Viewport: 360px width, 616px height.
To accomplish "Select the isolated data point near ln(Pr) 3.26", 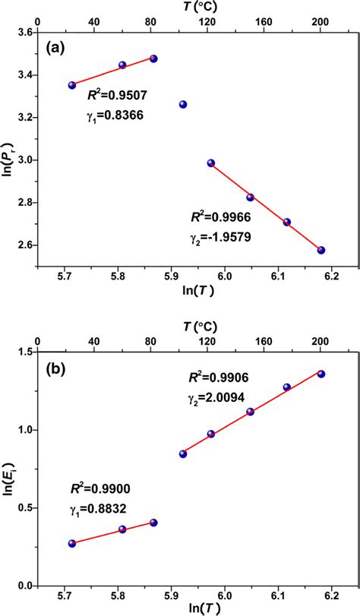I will pos(183,104).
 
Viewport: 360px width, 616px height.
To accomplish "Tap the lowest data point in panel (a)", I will pos(321,250).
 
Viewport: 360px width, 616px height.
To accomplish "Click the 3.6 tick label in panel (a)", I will pos(25,33).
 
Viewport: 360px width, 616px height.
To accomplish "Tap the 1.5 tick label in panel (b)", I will pos(25,352).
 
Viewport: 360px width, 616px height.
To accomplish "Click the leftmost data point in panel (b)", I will pos(72,543).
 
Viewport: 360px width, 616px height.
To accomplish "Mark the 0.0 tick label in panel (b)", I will pos(25,586).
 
